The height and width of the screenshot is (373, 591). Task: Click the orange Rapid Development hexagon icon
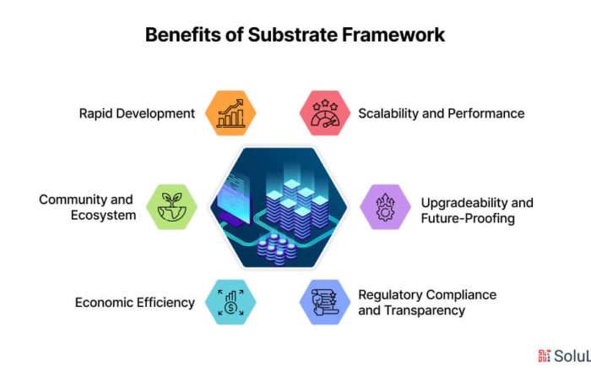(x=230, y=112)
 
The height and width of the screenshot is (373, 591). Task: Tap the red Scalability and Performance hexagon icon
(x=325, y=112)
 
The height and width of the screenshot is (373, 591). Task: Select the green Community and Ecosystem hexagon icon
(x=171, y=207)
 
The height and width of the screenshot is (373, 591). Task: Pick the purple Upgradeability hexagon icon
(x=385, y=207)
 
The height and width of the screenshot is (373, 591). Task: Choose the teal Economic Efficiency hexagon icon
(x=230, y=302)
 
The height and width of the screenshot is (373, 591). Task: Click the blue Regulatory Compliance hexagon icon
(x=325, y=302)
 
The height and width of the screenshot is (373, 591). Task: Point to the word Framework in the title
(x=393, y=35)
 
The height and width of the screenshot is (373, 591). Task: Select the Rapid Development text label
(x=137, y=113)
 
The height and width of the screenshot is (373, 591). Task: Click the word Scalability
(x=388, y=113)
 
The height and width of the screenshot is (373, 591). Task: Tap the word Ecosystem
(x=103, y=215)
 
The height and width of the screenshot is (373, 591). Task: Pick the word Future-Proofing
(x=468, y=218)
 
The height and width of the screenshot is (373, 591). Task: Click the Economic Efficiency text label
(x=135, y=303)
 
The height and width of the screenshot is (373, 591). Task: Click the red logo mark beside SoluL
(x=545, y=355)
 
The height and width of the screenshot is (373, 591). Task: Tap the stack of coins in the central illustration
(x=276, y=249)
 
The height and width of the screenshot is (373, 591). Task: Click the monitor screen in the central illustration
(x=235, y=197)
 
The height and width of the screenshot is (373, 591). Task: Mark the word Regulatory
(x=390, y=295)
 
